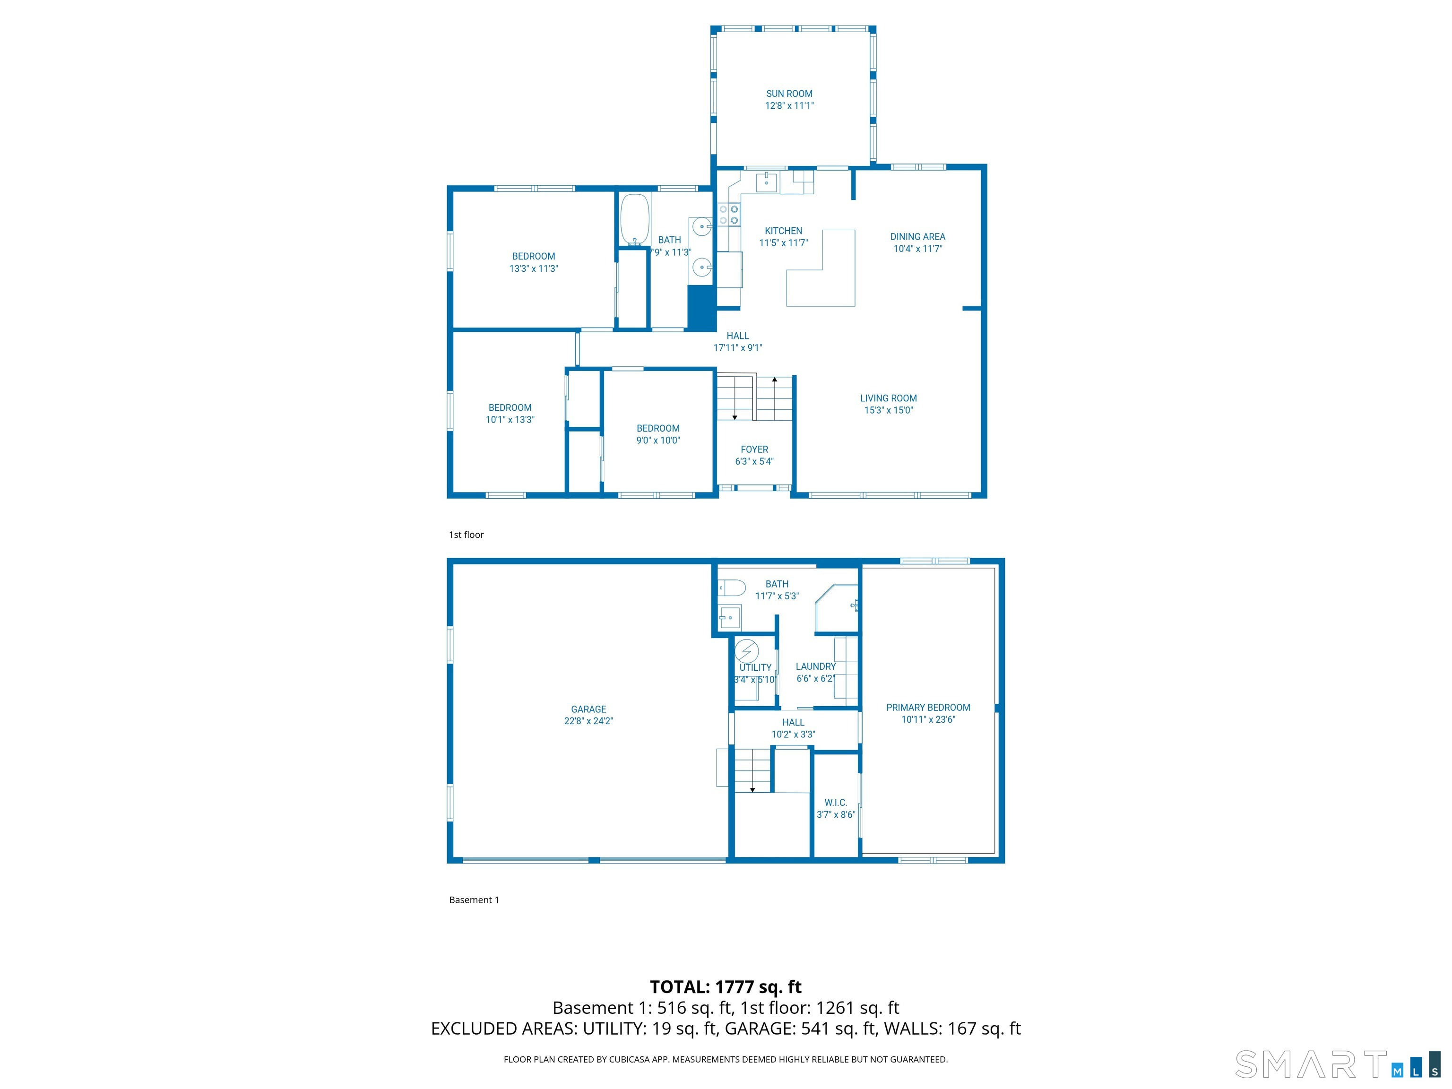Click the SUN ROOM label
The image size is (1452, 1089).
789,94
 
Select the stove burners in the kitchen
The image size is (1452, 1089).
729,215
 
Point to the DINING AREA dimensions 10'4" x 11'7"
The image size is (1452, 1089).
918,249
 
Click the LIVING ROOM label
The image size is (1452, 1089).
888,398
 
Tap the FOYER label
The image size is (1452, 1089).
754,449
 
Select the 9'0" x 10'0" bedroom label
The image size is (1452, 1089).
658,434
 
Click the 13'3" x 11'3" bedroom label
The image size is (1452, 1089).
533,262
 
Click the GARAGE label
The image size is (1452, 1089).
588,709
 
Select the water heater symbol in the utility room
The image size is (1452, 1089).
746,651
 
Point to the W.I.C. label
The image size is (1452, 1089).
836,802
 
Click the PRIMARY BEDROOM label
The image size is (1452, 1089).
927,708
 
